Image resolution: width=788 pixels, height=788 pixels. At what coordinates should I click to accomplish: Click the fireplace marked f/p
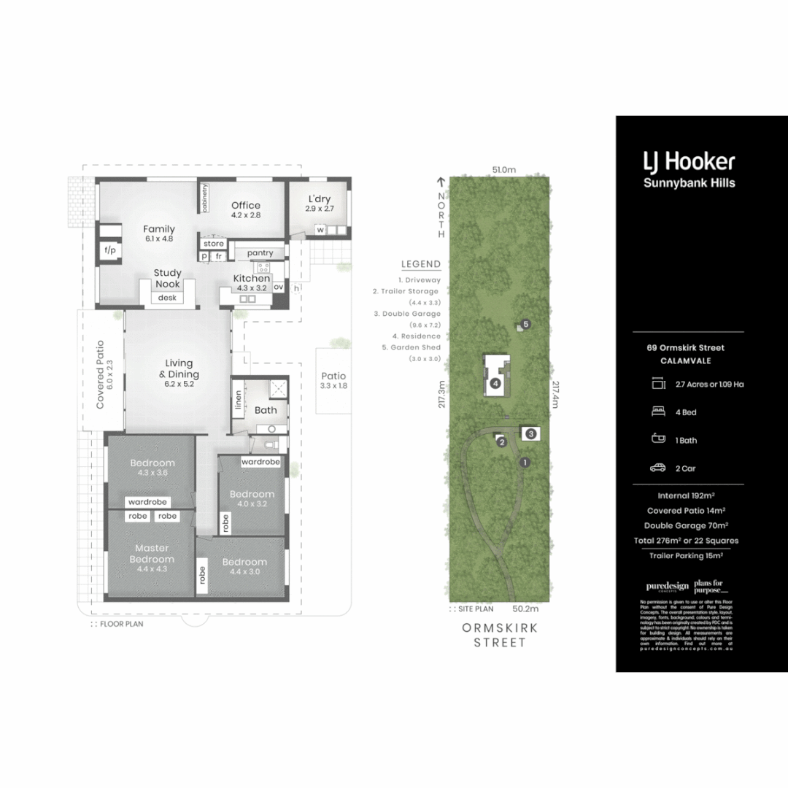tap(111, 250)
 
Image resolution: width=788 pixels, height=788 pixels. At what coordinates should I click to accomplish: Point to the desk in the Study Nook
tap(167, 298)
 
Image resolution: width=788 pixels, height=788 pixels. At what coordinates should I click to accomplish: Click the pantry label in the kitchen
tap(260, 252)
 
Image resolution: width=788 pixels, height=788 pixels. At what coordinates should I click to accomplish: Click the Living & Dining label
tap(179, 368)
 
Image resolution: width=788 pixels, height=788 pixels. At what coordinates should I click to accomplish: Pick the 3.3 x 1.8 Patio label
tap(333, 381)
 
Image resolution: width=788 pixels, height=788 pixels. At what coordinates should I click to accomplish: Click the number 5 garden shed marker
tap(525, 324)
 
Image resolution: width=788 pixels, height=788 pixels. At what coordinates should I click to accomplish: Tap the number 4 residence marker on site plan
tap(495, 383)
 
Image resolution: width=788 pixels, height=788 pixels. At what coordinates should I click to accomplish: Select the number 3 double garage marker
tap(531, 433)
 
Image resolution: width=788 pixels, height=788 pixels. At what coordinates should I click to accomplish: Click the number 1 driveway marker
tap(523, 462)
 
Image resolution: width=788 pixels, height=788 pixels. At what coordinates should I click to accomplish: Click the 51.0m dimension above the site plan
tap(503, 169)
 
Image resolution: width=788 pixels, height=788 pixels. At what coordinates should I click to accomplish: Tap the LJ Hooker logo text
tap(688, 162)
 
